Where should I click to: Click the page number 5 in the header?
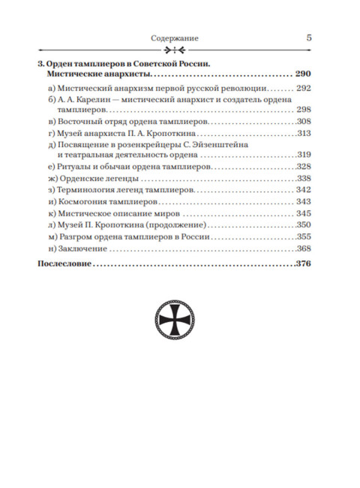tap(310, 35)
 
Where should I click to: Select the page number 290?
tap(302, 76)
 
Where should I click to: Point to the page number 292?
tap(303, 89)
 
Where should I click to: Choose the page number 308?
tap(303, 122)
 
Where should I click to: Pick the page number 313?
tap(303, 134)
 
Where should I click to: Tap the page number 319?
tap(303, 155)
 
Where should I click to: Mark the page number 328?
tap(303, 167)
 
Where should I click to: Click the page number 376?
tap(302, 265)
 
